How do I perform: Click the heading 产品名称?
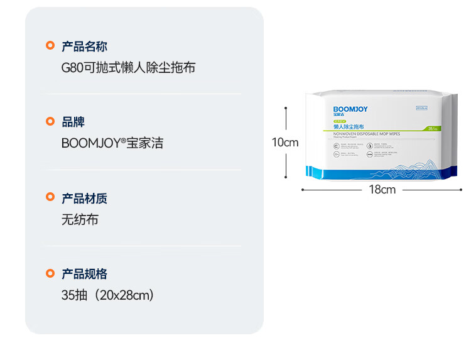[84, 46]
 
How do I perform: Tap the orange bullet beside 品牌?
[50, 121]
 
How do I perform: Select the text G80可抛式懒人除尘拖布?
[128, 67]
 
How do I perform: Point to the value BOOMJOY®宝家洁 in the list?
[112, 143]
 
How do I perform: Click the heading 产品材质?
[84, 199]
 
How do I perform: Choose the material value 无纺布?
[80, 220]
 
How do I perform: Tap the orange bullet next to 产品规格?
[50, 273]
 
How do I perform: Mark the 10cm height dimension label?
[285, 143]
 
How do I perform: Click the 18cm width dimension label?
[382, 189]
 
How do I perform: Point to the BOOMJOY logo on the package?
[350, 109]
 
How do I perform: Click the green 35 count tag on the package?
[432, 128]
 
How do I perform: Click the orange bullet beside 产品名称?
[50, 45]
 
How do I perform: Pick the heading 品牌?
[73, 122]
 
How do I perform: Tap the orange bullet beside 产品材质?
[50, 197]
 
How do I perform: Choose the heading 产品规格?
[84, 274]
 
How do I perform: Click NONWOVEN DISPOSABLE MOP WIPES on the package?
[367, 134]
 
